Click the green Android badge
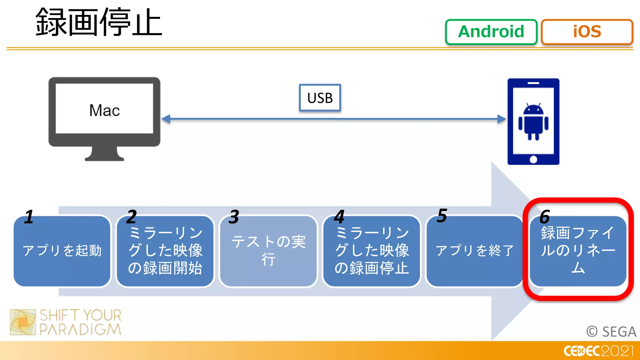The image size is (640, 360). click(x=491, y=32)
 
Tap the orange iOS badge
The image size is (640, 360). click(x=587, y=32)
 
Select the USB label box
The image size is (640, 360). click(x=320, y=98)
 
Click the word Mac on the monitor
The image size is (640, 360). click(x=104, y=110)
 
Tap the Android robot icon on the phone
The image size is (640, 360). click(x=533, y=122)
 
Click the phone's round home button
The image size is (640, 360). click(x=533, y=159)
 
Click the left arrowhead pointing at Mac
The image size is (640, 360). click(x=166, y=119)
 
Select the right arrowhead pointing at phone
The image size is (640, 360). click(x=501, y=119)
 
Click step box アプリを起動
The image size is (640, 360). click(x=62, y=251)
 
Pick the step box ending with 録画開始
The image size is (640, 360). click(x=165, y=251)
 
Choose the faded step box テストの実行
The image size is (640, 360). click(x=268, y=251)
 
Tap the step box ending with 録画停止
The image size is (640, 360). click(x=371, y=251)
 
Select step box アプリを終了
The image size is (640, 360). click(x=474, y=251)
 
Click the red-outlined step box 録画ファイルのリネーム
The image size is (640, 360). click(x=578, y=251)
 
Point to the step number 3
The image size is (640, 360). click(x=234, y=217)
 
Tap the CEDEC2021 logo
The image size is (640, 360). click(x=598, y=351)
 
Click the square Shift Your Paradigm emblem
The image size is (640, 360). click(x=23, y=322)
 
